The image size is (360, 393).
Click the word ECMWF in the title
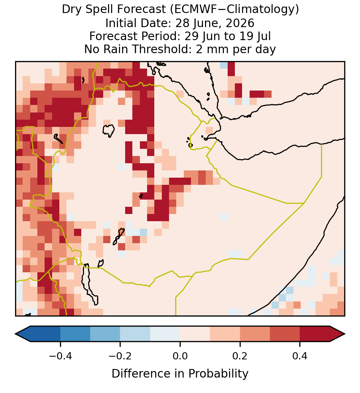coord(190,10)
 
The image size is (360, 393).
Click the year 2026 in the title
coord(240,23)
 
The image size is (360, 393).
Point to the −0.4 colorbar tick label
coord(60,356)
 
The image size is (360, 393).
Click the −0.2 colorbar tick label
coord(120,356)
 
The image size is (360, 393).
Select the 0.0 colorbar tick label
coord(180,356)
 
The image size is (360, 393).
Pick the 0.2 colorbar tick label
coord(240,356)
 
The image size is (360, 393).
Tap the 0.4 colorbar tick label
coord(300,356)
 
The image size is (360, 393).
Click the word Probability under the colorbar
coord(218,374)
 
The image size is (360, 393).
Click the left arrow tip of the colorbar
coord(15,334)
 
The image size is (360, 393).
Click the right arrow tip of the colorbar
coord(345,334)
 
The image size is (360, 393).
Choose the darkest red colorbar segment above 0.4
coord(315,334)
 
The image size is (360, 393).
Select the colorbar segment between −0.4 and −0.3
coord(75,334)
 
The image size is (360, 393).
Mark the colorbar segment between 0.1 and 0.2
coord(225,334)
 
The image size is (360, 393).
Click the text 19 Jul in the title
coord(255,36)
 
